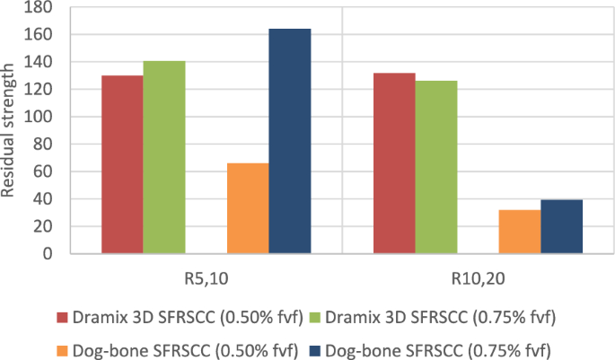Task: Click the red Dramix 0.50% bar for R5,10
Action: [122, 164]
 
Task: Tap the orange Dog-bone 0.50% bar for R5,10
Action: [248, 208]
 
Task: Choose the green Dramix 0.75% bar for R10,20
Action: [435, 167]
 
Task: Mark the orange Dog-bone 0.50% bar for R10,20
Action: [520, 232]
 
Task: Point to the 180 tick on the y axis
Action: [40, 8]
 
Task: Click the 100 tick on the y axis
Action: [40, 117]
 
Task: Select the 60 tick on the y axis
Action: [44, 171]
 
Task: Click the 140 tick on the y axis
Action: [40, 62]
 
